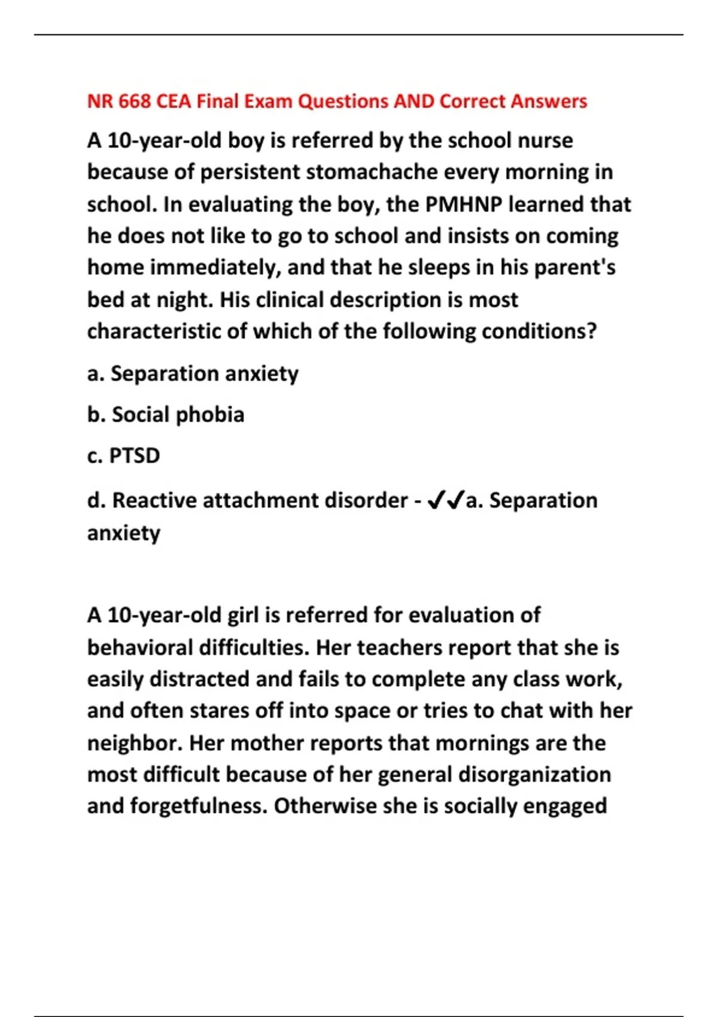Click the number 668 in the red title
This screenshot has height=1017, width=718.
pos(134,101)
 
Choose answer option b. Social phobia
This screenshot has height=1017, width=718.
pos(166,415)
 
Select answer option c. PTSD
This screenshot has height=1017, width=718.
pos(124,456)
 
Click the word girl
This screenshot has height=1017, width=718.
pos(243,615)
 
